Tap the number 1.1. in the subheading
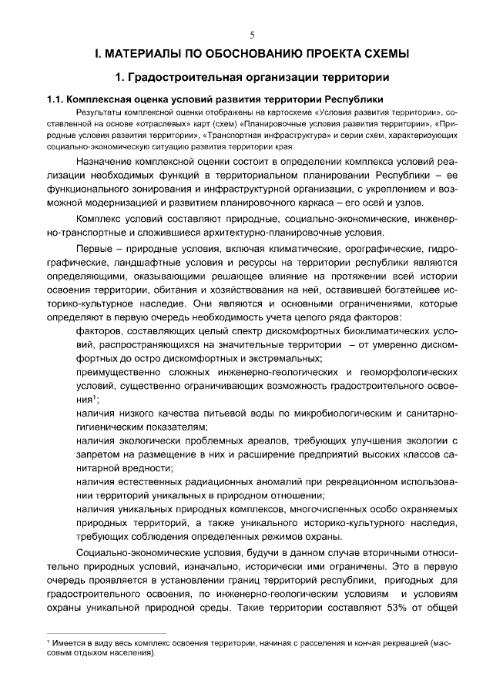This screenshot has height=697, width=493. pyautogui.click(x=55, y=100)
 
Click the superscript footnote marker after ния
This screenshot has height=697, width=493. pyautogui.click(x=94, y=397)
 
